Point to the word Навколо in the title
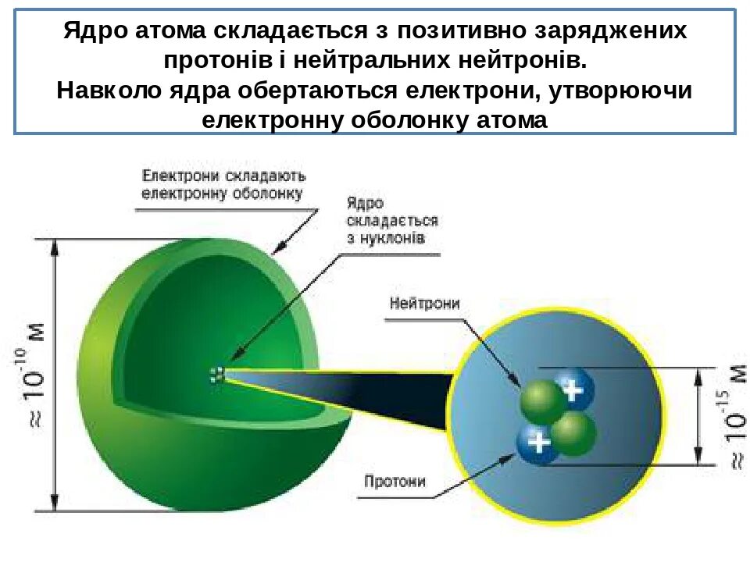[x=105, y=91]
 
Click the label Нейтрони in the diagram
[x=424, y=303]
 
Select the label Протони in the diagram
[x=395, y=482]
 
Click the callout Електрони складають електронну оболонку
[x=223, y=184]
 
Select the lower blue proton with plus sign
[x=537, y=443]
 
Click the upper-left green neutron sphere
[x=541, y=403]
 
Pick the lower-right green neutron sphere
[x=574, y=433]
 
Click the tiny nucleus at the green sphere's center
[x=217, y=375]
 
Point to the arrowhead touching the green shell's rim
[x=275, y=251]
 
